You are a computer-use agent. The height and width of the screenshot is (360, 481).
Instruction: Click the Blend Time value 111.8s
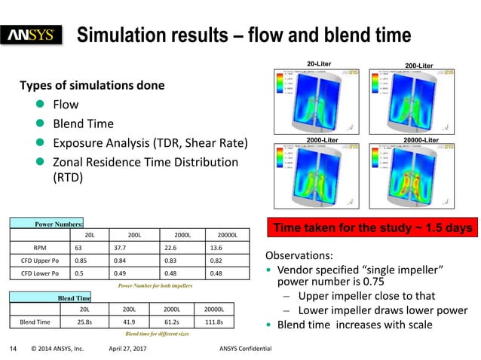218,322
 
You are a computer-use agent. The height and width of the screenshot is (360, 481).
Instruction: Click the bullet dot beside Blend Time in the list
44,124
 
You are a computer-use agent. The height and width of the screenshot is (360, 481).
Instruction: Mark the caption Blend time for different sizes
157,332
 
